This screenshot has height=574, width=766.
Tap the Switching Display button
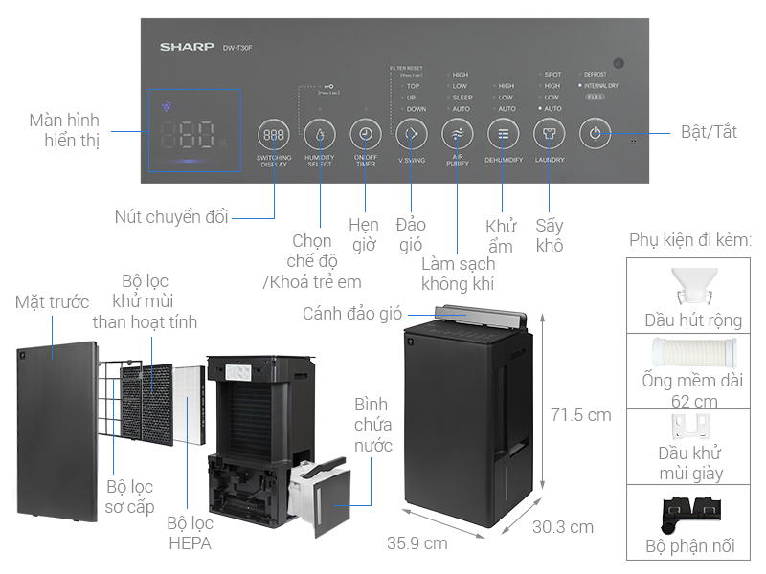(x=274, y=135)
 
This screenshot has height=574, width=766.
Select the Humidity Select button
(x=320, y=135)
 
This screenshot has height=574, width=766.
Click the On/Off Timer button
(x=365, y=134)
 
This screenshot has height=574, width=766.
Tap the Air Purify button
(x=457, y=134)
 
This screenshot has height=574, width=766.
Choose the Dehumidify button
(x=503, y=134)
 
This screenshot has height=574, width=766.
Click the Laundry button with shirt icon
(x=549, y=134)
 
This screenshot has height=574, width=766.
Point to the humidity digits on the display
(x=187, y=134)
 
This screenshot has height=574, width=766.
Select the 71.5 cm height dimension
(x=581, y=416)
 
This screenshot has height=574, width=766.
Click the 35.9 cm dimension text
(x=417, y=543)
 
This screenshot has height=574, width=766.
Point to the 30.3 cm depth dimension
(x=562, y=527)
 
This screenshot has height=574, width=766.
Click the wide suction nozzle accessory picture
(x=691, y=285)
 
